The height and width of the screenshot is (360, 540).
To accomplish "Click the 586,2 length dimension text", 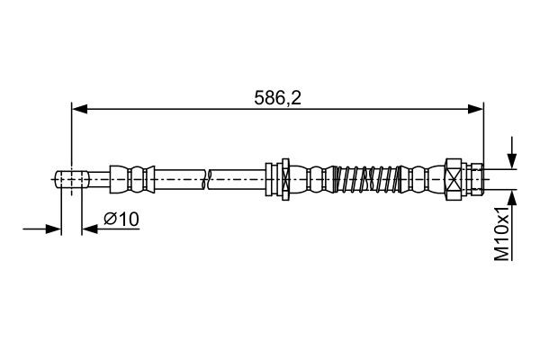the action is coord(277,98).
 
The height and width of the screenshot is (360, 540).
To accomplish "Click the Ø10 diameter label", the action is coord(121,219).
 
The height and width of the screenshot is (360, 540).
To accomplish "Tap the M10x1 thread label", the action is coord(502,234).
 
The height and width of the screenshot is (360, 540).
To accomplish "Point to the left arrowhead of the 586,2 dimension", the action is coord(79,109).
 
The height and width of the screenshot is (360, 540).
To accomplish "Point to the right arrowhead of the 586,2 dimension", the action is coord(475,109).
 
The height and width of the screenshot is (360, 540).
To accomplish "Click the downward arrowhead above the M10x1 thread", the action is coord(512,161).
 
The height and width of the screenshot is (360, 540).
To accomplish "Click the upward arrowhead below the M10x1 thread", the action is coord(512,198).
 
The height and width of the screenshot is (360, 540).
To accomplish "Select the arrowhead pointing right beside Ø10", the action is coord(53,229).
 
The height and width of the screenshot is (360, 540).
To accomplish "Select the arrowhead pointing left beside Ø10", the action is coord(90,229).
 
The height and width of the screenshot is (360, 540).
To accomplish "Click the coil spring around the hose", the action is coord(367,179).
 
